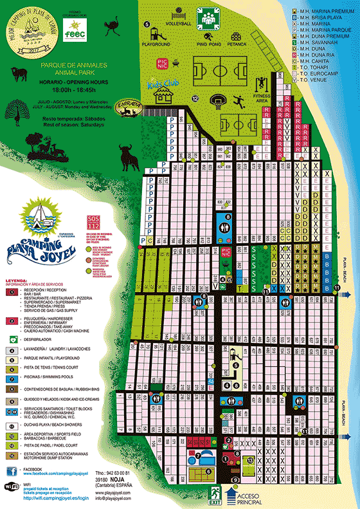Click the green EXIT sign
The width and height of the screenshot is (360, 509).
[x=215, y=495]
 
